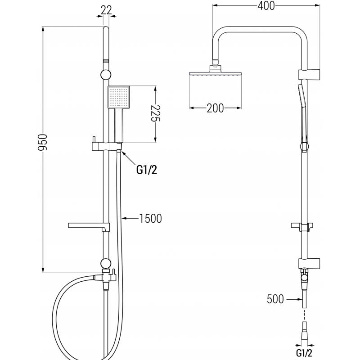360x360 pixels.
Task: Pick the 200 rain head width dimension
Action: [215, 108]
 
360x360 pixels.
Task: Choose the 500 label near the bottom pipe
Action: [275, 299]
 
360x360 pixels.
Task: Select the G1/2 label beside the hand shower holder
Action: [147, 170]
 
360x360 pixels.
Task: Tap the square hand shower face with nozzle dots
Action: [119, 97]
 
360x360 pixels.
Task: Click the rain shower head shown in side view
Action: [215, 74]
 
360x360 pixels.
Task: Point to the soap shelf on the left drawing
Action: [87, 225]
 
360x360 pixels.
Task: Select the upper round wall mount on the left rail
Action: [106, 75]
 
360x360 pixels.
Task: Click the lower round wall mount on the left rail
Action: [106, 263]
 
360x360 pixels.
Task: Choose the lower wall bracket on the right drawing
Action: [309, 262]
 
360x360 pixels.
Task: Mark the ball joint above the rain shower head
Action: [216, 65]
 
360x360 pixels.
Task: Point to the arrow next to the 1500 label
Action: [130, 219]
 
